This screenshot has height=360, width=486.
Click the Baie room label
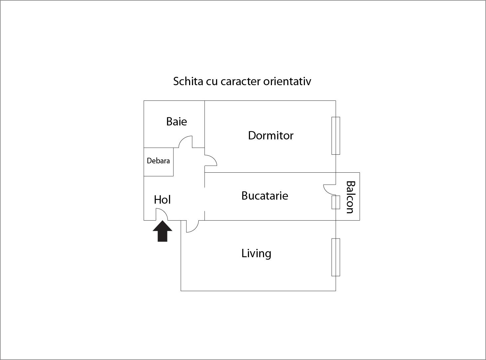176,121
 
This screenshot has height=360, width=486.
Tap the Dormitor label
271,135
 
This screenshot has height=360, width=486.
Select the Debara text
158,161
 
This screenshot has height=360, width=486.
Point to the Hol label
162,200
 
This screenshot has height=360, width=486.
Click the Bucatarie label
265,195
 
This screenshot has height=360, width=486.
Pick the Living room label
256,253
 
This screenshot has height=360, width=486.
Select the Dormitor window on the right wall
336,135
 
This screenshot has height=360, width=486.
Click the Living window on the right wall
336,257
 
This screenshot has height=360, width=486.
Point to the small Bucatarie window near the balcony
336,202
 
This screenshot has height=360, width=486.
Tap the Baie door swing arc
186,141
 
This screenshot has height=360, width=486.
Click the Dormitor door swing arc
211,160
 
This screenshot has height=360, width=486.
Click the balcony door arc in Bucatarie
329,190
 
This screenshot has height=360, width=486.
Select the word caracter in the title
240,81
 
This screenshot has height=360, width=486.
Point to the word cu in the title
211,81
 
